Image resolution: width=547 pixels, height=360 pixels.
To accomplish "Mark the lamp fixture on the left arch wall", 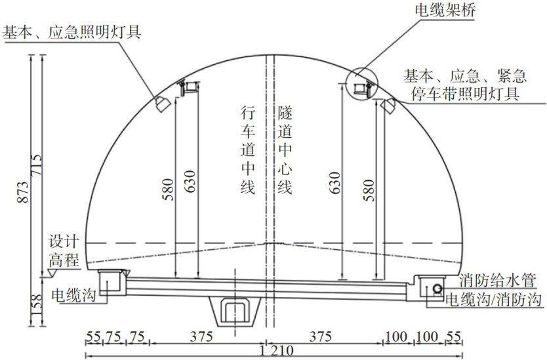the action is click(x=160, y=100).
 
